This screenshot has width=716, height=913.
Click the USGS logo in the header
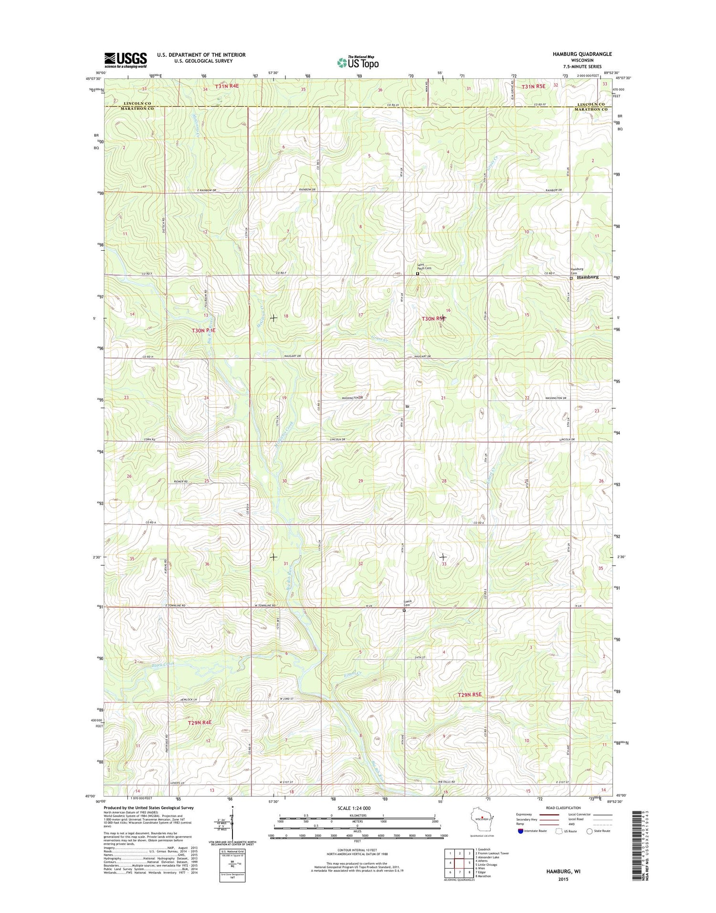(x=126, y=60)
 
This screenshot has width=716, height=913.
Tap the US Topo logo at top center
(x=358, y=62)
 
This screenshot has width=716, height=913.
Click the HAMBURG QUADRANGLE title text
(x=582, y=54)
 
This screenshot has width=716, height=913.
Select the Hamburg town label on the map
(x=587, y=277)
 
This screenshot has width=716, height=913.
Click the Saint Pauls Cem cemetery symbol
(x=417, y=274)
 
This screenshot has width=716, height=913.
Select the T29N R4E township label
(x=200, y=722)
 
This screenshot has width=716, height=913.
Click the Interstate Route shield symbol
(x=520, y=831)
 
